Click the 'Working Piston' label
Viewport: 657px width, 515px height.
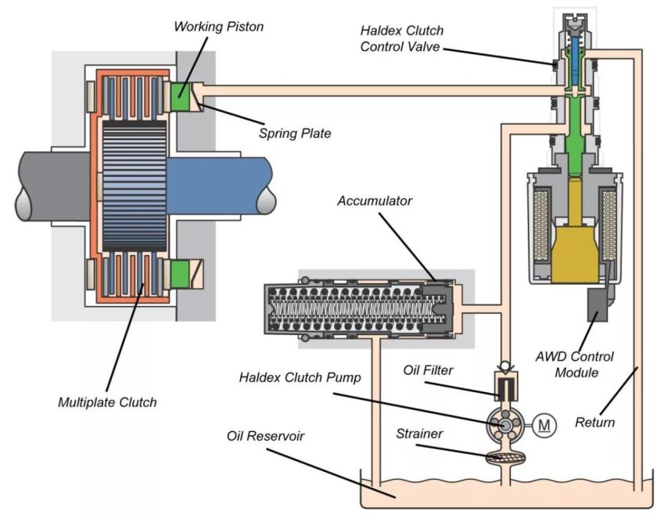pos(218,27)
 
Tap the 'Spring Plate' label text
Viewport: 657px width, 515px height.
pos(295,133)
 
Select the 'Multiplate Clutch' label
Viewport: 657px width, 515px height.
pos(107,402)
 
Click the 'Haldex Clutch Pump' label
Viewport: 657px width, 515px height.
pos(300,378)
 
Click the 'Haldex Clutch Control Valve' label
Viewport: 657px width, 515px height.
pos(401,38)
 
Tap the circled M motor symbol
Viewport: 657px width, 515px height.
pos(546,426)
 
